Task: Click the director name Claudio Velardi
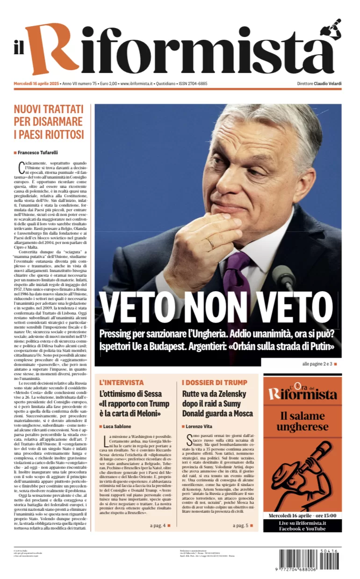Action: tap(328, 84)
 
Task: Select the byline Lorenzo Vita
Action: tap(201, 426)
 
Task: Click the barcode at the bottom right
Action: tap(309, 559)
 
